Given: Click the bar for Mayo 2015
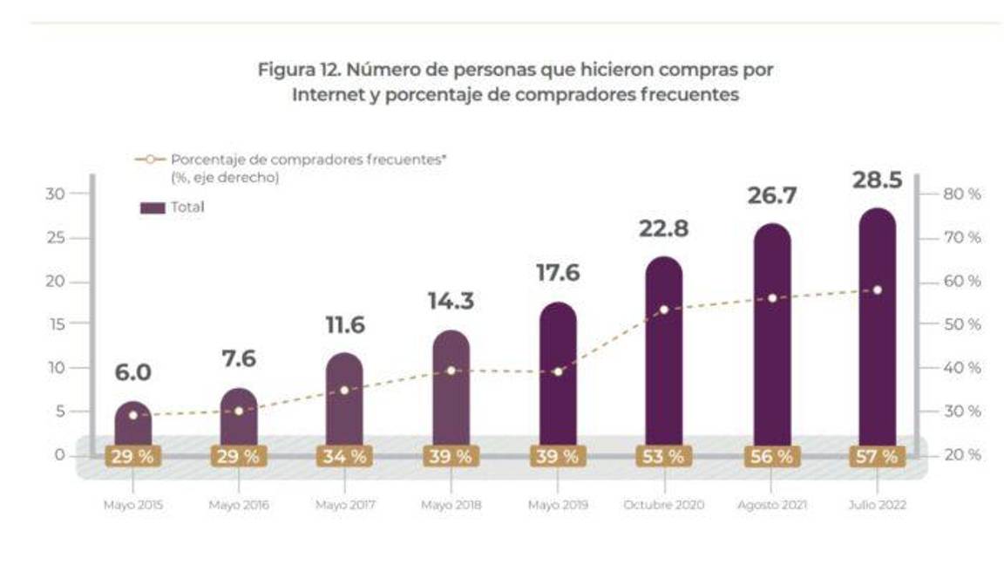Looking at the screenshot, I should coord(132,427).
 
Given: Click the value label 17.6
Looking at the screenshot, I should coord(558,273).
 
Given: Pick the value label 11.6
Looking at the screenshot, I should coord(345,325).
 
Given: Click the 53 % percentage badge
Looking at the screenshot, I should coord(664,456).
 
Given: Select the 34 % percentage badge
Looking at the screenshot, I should coord(345,456).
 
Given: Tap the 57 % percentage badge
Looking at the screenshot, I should coord(877,456).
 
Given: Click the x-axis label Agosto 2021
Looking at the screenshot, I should coord(770,505).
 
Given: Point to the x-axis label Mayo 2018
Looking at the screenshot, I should coord(451,505).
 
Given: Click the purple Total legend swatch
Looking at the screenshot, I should coord(152,208).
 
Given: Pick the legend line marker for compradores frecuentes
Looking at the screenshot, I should coord(151,160).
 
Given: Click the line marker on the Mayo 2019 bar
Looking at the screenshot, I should coord(558,371).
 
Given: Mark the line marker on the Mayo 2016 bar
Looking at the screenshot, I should coord(239,411).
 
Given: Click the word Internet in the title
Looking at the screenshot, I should coord(327,95).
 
